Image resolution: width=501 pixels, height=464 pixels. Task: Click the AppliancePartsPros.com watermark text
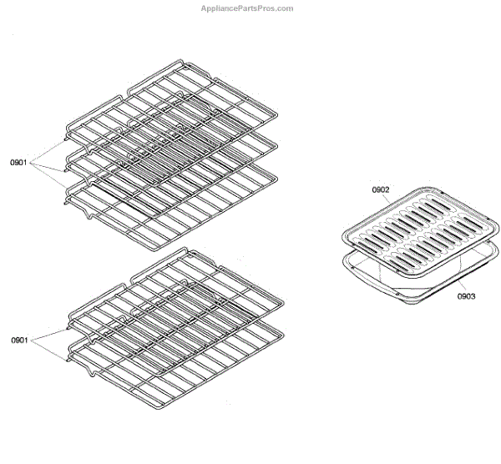tap(247, 8)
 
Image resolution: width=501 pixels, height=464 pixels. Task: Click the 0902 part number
tap(381, 190)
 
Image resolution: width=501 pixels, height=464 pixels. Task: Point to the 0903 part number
tap(467, 295)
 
